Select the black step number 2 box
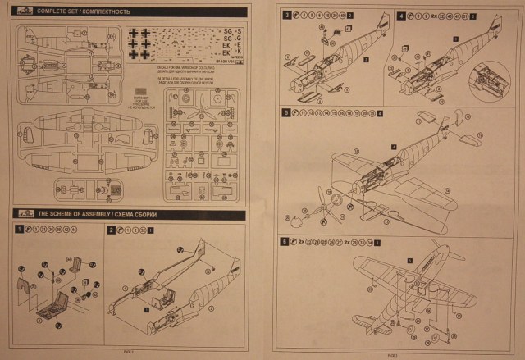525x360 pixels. (111, 230)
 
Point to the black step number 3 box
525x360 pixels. (285, 16)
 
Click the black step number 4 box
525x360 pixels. (400, 16)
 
